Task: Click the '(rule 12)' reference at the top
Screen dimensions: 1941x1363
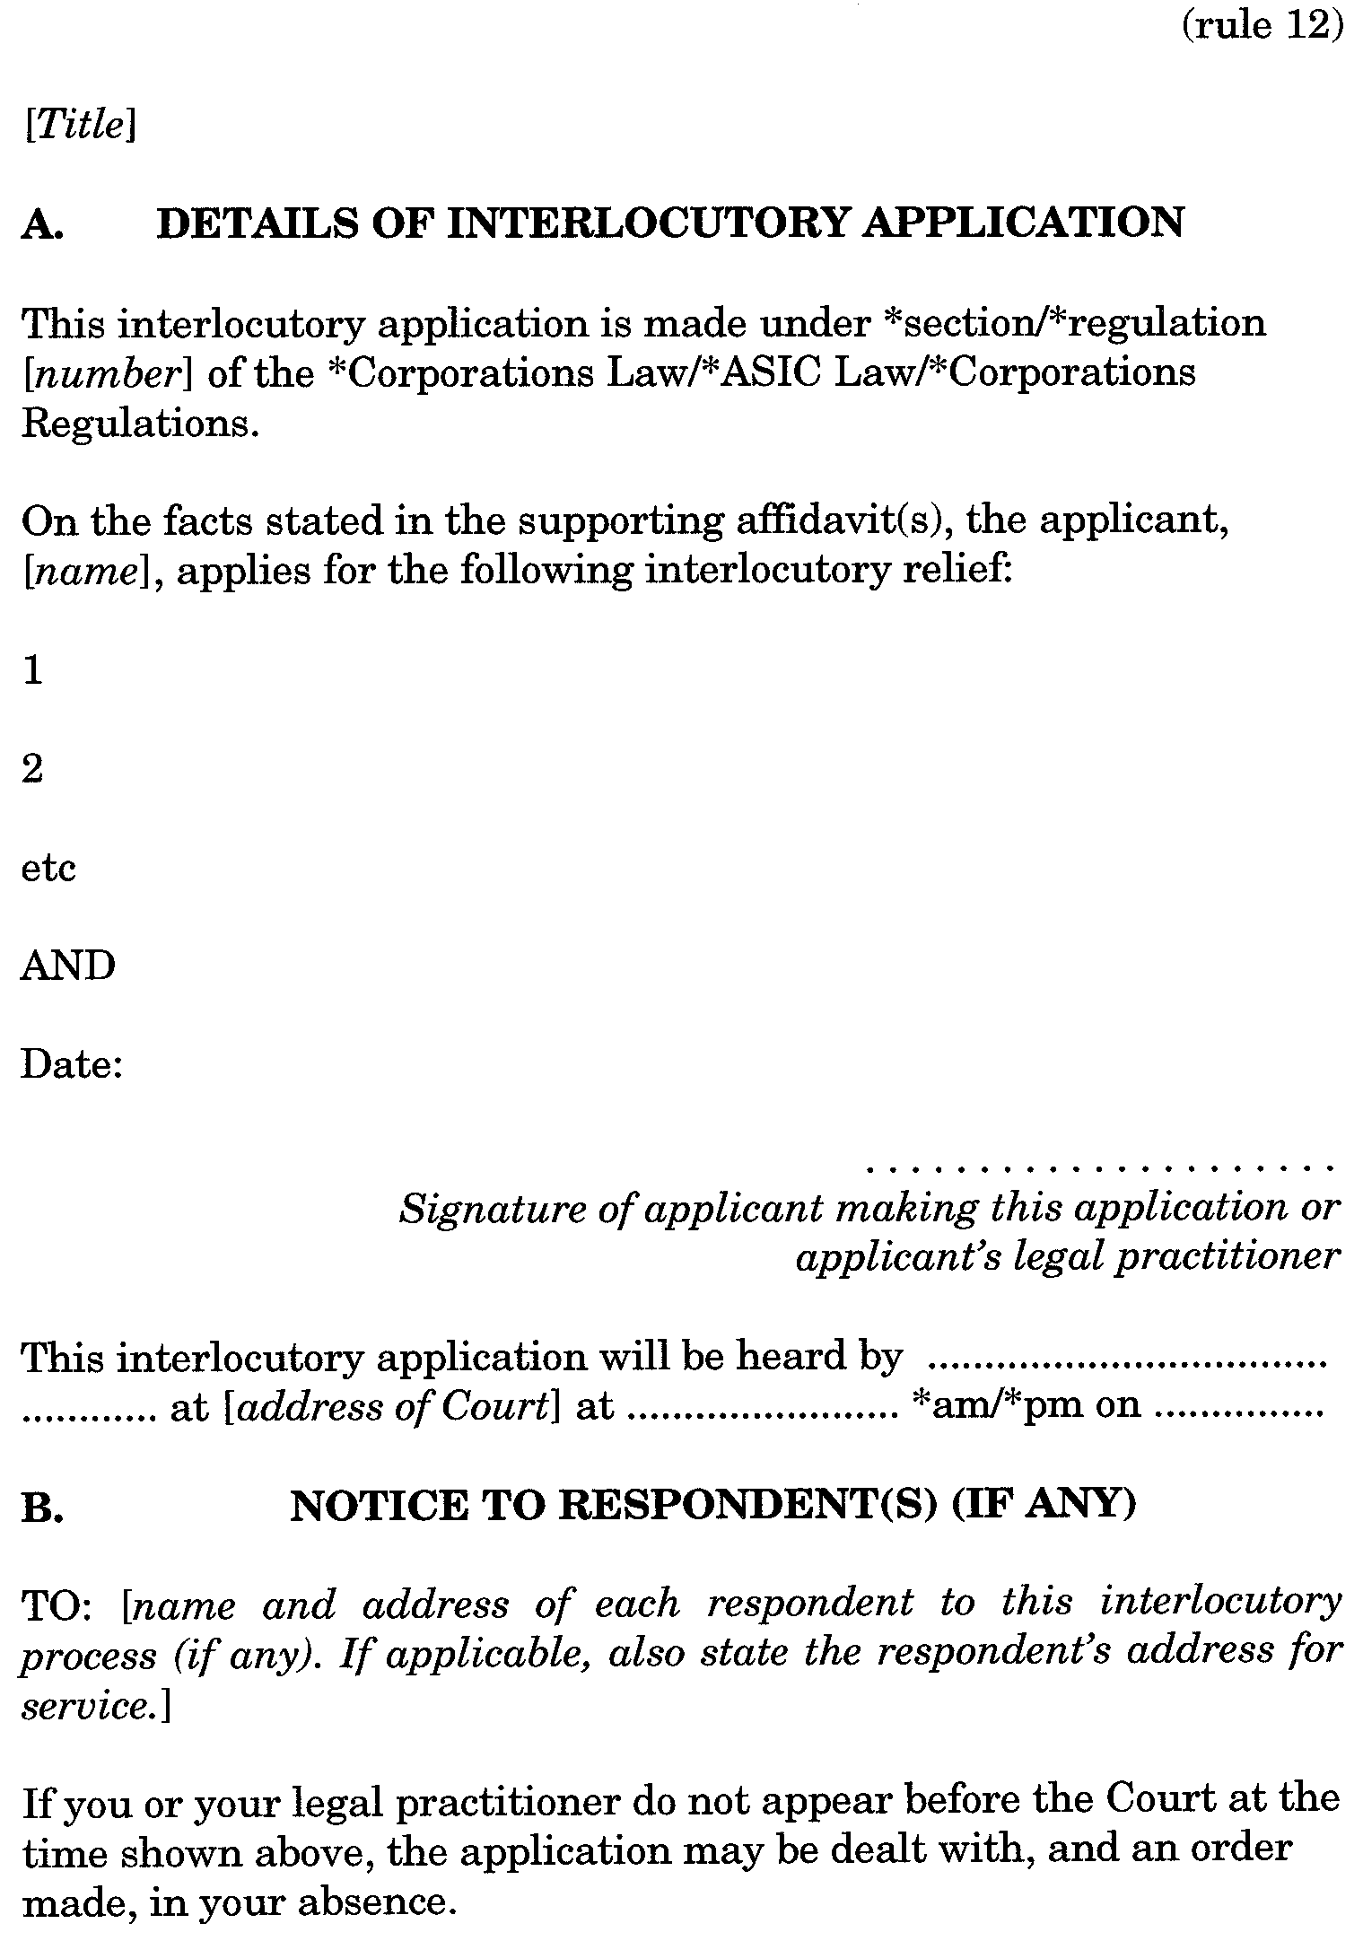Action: pyautogui.click(x=1261, y=26)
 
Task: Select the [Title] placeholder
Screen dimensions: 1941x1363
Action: pyautogui.click(x=80, y=127)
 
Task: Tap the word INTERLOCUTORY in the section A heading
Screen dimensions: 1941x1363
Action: pyautogui.click(x=646, y=223)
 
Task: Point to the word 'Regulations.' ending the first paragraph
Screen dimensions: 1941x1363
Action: pyautogui.click(x=141, y=423)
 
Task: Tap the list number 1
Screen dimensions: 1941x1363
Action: pyautogui.click(x=32, y=670)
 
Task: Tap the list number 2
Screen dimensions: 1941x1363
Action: pyautogui.click(x=32, y=769)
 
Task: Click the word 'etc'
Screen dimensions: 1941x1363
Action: pyautogui.click(x=48, y=868)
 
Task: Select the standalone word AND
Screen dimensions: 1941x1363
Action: pyautogui.click(x=68, y=966)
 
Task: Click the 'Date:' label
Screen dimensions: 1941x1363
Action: pyautogui.click(x=72, y=1065)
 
